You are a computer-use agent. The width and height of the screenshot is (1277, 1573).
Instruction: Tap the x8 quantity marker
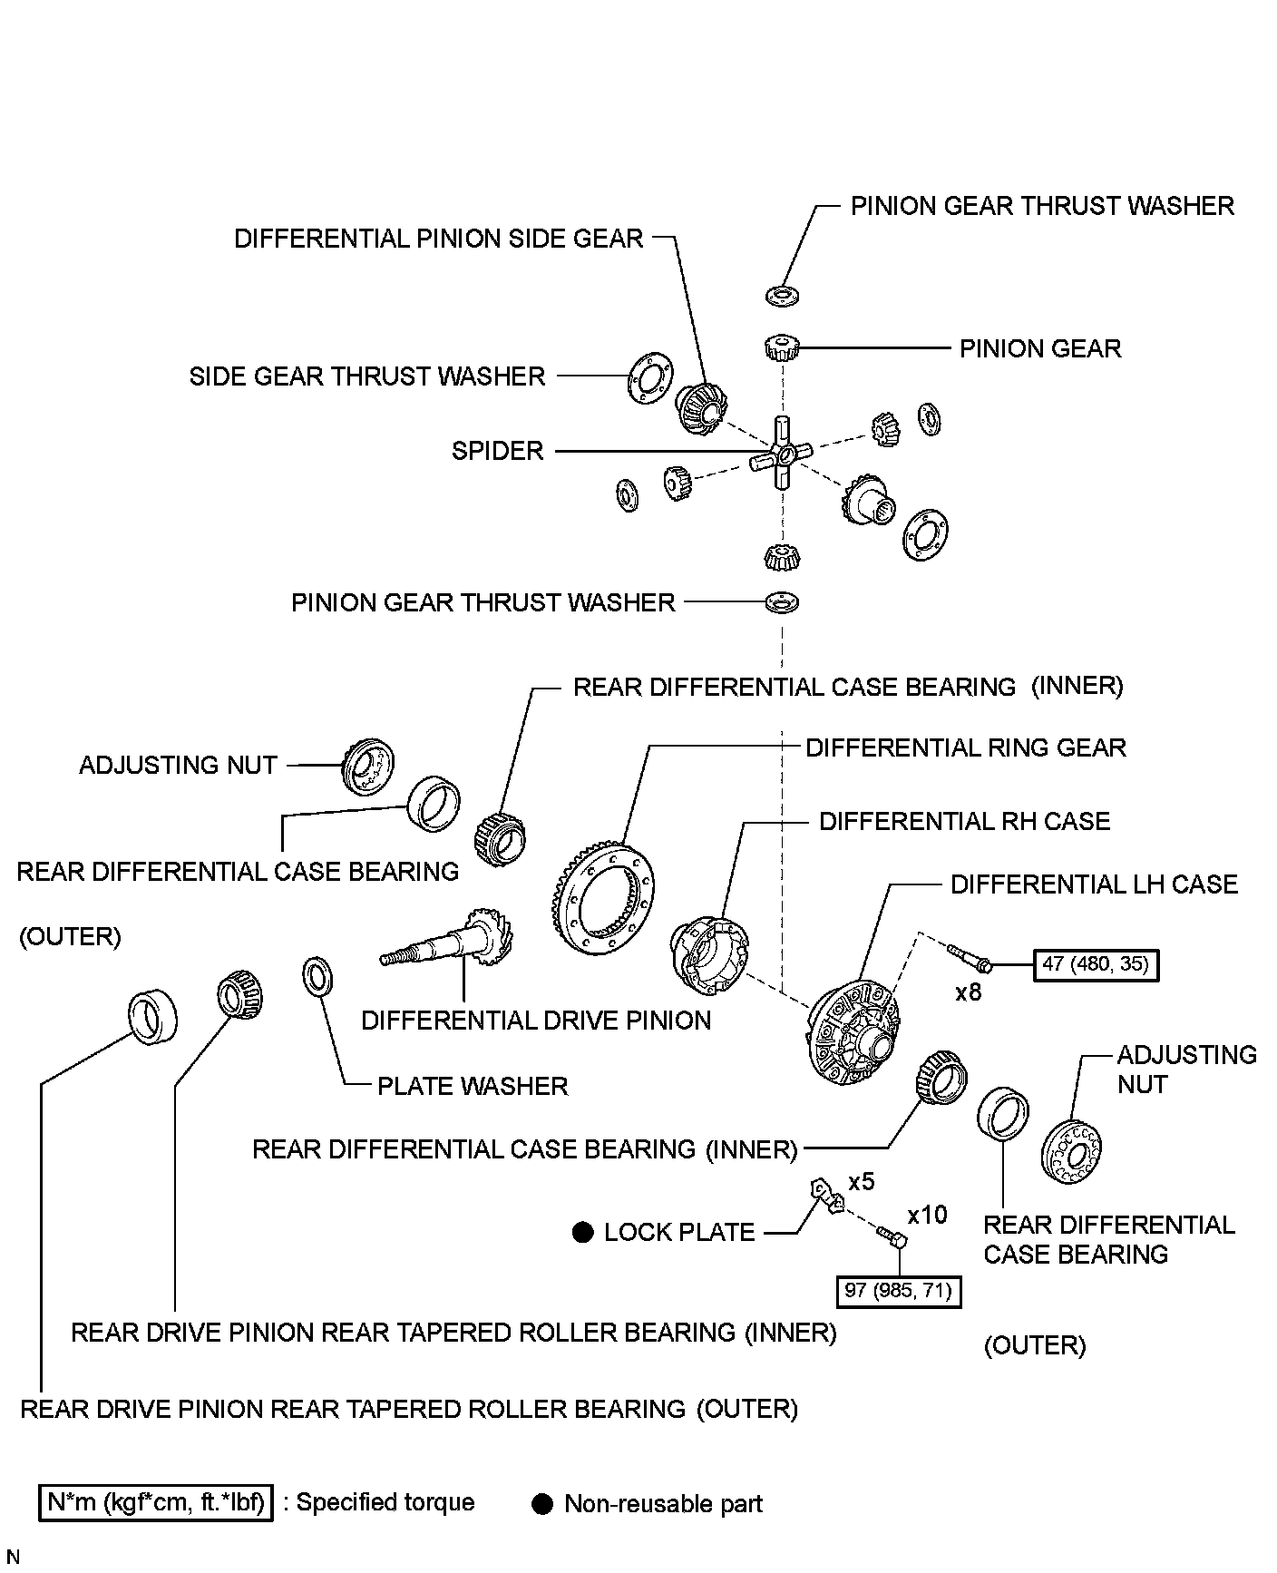click(969, 992)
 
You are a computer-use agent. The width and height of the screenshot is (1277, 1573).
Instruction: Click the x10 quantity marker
click(927, 1215)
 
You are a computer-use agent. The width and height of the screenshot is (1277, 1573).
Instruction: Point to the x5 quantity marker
click(861, 1182)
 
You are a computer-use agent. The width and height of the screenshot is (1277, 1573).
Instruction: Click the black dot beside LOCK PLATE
click(582, 1232)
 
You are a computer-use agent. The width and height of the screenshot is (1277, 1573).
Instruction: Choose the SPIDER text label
click(497, 451)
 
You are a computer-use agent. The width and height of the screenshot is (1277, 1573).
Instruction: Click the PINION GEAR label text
click(1040, 348)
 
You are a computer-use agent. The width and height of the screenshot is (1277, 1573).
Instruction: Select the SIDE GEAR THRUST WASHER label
click(367, 376)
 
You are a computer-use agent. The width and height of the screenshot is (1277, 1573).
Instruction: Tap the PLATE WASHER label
click(473, 1086)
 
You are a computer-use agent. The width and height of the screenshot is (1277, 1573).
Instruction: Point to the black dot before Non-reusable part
click(542, 1504)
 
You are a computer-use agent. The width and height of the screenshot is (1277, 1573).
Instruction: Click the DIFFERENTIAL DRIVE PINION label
click(536, 1021)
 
